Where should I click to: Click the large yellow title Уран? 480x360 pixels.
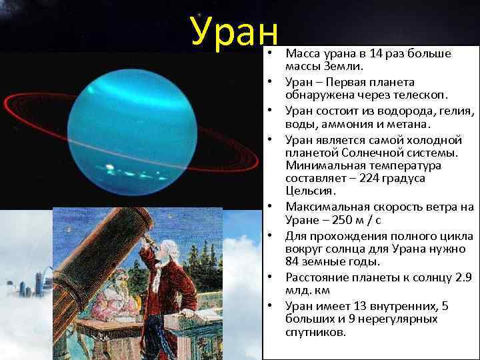tap(233, 30)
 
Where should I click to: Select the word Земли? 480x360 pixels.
tap(344, 67)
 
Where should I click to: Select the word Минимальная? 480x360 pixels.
tap(317, 165)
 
